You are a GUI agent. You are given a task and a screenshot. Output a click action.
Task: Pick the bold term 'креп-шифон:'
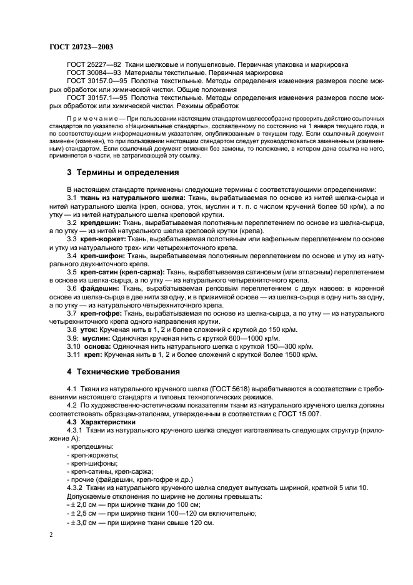pyautogui.click(x=102, y=256)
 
